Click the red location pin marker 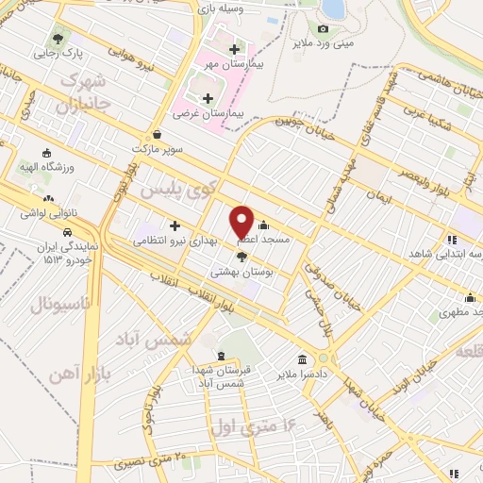click(x=242, y=222)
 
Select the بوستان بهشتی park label click(x=241, y=271)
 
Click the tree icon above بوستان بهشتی click(x=241, y=255)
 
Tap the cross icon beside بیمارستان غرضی click(x=208, y=97)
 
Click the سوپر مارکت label click(x=154, y=149)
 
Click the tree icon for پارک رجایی click(x=60, y=39)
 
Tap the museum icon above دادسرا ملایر click(x=302, y=359)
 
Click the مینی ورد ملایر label click(x=336, y=43)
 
